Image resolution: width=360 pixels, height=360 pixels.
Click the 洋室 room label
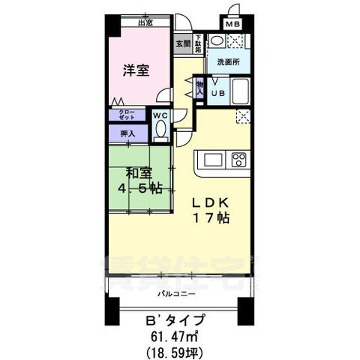136,71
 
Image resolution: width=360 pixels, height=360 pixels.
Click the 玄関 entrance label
183,43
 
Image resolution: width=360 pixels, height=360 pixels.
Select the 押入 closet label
127,133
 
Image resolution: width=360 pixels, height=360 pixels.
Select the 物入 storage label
199,88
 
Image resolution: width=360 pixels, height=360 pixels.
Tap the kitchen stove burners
238,159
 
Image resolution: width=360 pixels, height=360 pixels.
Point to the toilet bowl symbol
160,130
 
